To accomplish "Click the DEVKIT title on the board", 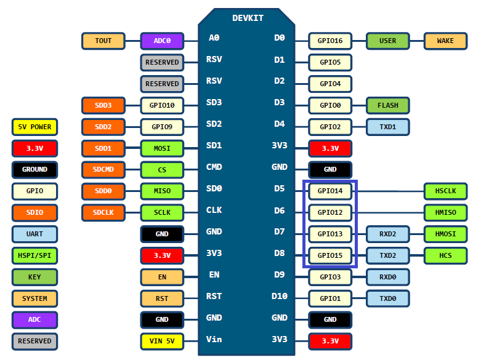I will (x=248, y=18).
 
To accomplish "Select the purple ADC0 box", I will (x=162, y=41).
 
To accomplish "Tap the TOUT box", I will (x=103, y=41).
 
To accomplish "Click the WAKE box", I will (x=445, y=41).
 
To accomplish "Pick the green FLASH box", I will (x=387, y=105).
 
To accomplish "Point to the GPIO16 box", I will (x=330, y=41).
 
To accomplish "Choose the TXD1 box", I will (x=387, y=127).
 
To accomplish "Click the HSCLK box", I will (x=445, y=191).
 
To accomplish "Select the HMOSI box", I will (x=445, y=234).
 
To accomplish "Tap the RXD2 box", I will (x=387, y=234).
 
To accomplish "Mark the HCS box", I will (x=445, y=255).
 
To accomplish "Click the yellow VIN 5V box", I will (x=162, y=339).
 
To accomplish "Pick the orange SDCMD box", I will (x=103, y=169).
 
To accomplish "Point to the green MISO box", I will (x=162, y=191).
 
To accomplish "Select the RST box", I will (x=162, y=299).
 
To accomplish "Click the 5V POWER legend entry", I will (x=34, y=127).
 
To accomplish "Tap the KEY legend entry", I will (x=34, y=277).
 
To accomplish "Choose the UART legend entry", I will (x=34, y=234).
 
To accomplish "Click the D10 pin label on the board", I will (x=279, y=296).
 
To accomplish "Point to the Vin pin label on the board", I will (x=214, y=339).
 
